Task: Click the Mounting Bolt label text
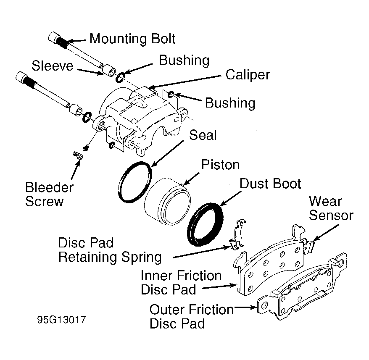pos(132,39)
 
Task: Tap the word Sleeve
pos(53,66)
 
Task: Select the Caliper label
pos(248,75)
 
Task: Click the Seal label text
pos(203,135)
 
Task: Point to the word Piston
pos(221,165)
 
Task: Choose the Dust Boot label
pos(270,184)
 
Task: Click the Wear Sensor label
pos(331,208)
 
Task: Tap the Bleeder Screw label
pos(49,194)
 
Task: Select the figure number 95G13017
pos(62,320)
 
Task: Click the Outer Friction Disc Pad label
pos(192,316)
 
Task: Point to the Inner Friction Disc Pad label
pos(181,282)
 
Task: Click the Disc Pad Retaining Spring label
pos(110,250)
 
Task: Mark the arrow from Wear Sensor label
pos(326,232)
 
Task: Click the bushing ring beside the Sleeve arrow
pos(120,78)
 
